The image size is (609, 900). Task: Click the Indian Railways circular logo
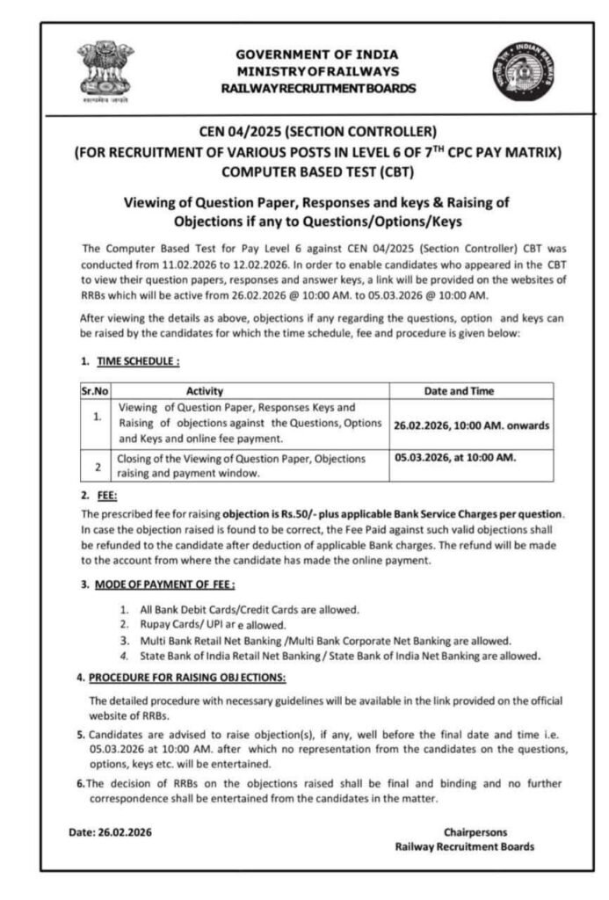(x=523, y=69)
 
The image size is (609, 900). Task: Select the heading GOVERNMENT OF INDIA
(x=316, y=54)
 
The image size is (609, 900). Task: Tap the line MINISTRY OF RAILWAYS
(x=316, y=71)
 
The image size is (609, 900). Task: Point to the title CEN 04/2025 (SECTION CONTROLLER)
(x=316, y=133)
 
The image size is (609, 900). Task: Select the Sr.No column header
(x=95, y=390)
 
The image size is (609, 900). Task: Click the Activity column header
(x=205, y=390)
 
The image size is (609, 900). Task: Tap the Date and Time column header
(x=472, y=390)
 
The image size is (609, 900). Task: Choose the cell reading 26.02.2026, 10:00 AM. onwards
(x=472, y=425)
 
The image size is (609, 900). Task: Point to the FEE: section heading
(x=106, y=496)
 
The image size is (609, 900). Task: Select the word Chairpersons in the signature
(x=475, y=831)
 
